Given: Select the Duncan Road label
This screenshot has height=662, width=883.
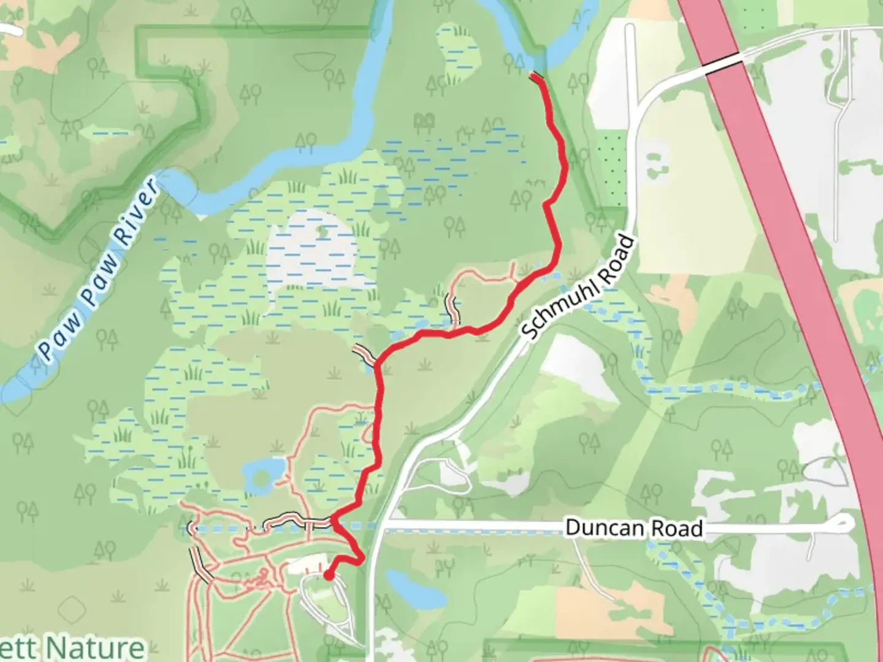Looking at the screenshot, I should point(633,528).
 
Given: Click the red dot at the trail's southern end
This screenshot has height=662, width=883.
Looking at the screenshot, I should point(329,575).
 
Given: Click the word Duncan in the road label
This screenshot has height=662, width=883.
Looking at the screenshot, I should point(598,527).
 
